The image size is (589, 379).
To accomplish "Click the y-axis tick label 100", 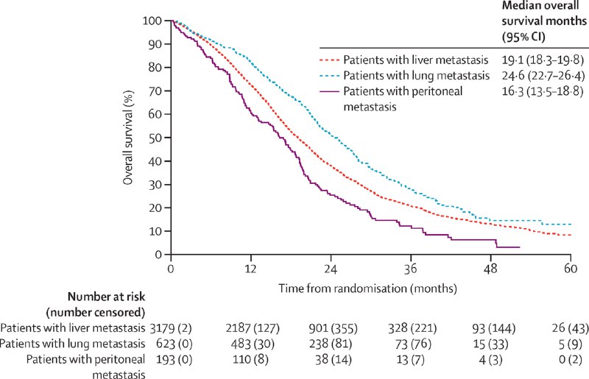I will point(154,21).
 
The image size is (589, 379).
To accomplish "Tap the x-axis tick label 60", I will point(571,269).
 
